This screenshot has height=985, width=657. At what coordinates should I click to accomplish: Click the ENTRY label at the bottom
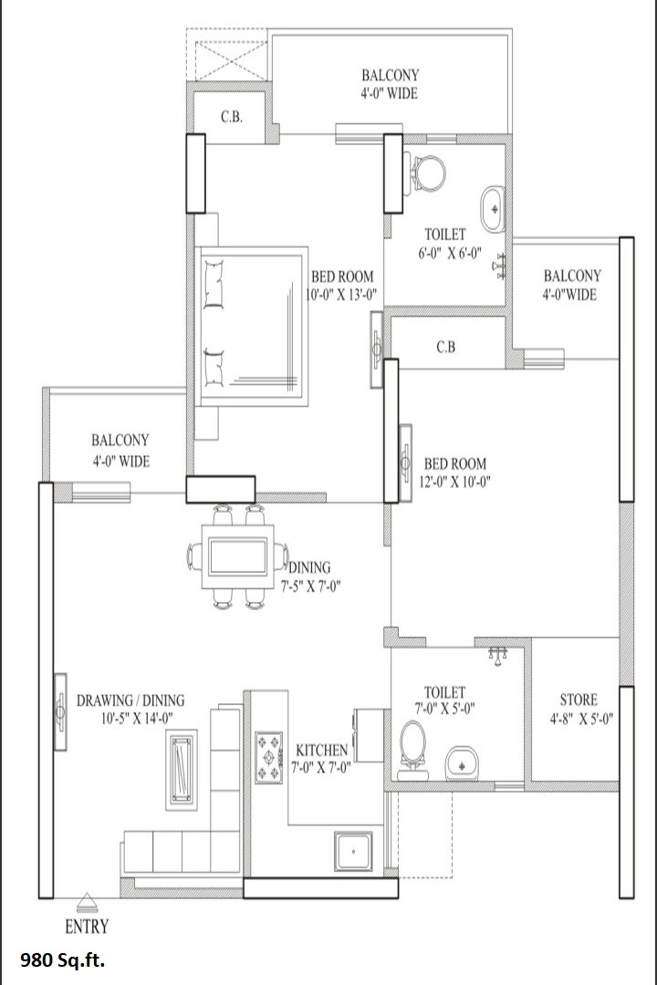coord(87,927)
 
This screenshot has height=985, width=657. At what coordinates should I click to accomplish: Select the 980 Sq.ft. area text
coord(63,960)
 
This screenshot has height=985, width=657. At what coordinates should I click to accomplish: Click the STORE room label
coord(579,700)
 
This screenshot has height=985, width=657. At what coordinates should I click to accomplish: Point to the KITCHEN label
coord(322,750)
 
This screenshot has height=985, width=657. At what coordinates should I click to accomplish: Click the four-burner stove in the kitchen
coord(269,758)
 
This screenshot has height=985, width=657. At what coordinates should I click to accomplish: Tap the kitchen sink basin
coord(354,851)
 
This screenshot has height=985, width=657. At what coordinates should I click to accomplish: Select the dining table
coord(236,556)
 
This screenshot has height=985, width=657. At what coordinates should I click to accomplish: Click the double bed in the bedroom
coord(252,327)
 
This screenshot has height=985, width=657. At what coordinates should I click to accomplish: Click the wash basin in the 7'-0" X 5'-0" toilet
coord(463,762)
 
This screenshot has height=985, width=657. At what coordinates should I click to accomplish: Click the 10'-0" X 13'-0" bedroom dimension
coord(341,295)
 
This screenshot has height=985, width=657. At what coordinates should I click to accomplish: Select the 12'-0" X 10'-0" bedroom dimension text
coord(454,482)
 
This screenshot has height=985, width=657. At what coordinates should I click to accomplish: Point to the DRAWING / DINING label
coord(130,700)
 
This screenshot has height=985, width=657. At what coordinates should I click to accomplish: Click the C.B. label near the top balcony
coord(232,117)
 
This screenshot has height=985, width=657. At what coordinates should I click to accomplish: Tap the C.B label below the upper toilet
coord(445,347)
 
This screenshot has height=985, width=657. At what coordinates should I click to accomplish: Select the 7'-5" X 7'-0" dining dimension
coord(310,587)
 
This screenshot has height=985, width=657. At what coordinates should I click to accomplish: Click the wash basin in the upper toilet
coord(493,209)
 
